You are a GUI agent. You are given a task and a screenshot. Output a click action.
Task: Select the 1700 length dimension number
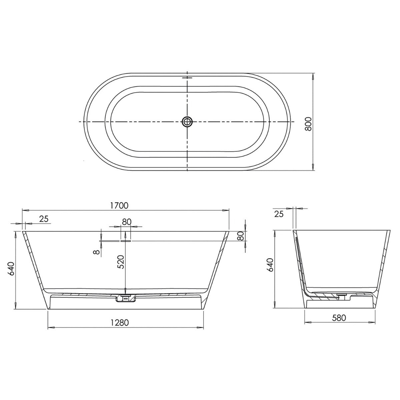pyautogui.click(x=119, y=206)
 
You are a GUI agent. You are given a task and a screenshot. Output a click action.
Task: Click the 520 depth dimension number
pyautogui.click(x=121, y=262)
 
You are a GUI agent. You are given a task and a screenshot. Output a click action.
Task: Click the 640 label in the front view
pyautogui.click(x=11, y=269)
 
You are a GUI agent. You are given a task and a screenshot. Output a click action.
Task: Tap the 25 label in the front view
pyautogui.click(x=44, y=219)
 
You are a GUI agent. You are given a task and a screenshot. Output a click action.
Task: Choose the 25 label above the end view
pyautogui.click(x=279, y=214)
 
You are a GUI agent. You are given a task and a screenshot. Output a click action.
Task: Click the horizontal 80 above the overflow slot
pyautogui.click(x=126, y=222)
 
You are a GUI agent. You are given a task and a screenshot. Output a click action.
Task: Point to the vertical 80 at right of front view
pyautogui.click(x=240, y=236)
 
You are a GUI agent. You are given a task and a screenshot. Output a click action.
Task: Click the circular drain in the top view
pyautogui.click(x=187, y=122)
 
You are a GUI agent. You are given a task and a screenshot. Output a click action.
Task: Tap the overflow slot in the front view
pyautogui.click(x=126, y=240)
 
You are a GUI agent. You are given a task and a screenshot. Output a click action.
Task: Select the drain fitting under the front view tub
pyautogui.click(x=125, y=298)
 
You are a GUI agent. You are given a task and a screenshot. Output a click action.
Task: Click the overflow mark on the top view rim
pyautogui.click(x=187, y=78)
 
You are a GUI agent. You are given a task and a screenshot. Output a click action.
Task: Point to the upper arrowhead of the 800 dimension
pyautogui.click(x=312, y=76)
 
